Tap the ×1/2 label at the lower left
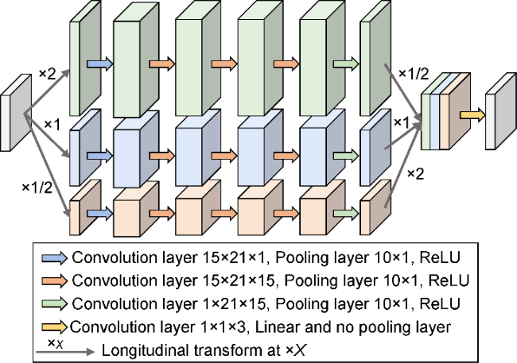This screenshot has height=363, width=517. [35, 187]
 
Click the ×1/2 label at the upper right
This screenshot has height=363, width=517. [411, 74]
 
